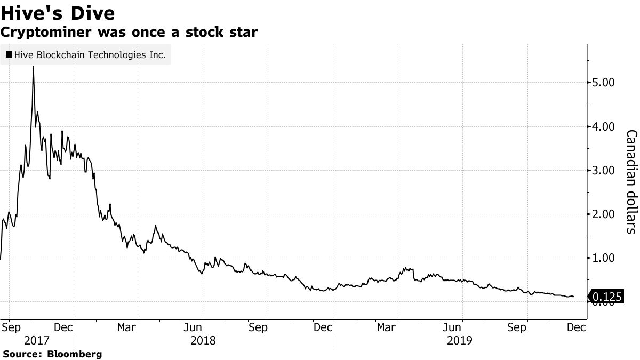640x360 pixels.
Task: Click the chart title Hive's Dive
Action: click(x=58, y=12)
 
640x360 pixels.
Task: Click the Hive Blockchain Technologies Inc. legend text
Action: click(x=91, y=54)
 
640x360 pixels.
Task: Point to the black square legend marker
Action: click(x=9, y=54)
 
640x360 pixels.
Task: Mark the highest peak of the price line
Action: click(x=33, y=67)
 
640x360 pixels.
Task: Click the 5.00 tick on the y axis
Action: click(x=603, y=83)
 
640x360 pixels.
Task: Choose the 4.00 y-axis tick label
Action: click(x=603, y=127)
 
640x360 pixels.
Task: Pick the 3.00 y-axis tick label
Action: click(x=603, y=171)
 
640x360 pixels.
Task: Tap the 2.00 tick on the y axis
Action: click(x=603, y=214)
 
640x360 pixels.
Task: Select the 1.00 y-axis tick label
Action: click(x=603, y=258)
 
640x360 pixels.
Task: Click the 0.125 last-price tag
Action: click(x=607, y=297)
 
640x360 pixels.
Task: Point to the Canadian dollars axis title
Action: click(x=630, y=181)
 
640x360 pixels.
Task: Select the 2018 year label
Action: click(x=203, y=340)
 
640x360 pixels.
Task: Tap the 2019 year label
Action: click(x=459, y=340)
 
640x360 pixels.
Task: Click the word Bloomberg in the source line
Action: click(x=75, y=354)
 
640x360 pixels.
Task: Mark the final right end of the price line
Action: click(x=574, y=297)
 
